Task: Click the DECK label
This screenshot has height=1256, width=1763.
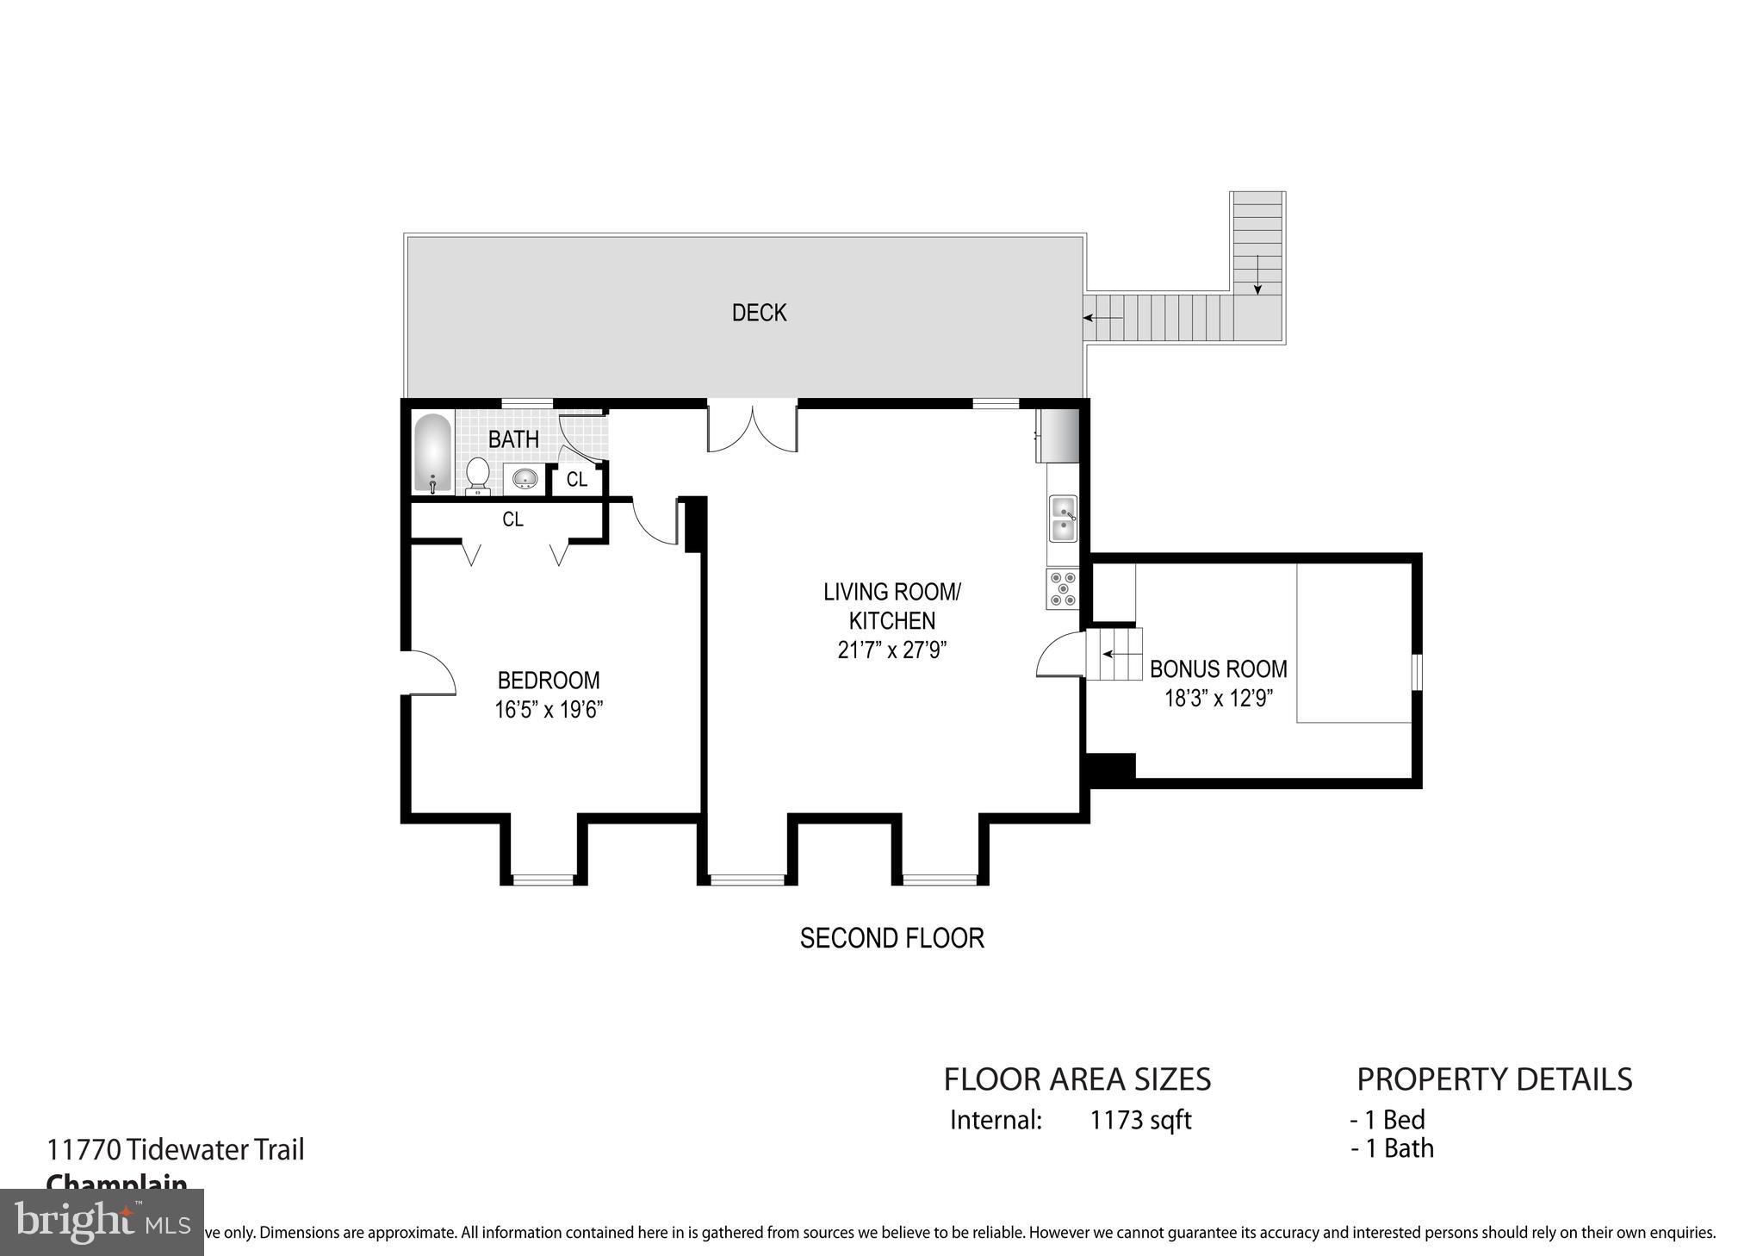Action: [759, 313]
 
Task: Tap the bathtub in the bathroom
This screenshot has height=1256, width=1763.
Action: [432, 455]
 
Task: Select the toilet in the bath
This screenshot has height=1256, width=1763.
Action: [478, 476]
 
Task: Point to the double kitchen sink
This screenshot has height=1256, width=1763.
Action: [1063, 519]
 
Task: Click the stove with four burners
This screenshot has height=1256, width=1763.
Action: [1062, 588]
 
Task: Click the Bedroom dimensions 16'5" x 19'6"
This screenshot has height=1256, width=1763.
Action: [549, 710]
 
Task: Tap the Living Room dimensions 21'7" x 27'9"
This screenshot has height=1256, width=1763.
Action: [892, 650]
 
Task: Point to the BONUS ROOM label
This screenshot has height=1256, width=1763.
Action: [1218, 668]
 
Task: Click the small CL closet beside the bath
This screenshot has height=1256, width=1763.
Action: [577, 479]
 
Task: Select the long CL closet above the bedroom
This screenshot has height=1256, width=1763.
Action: [512, 519]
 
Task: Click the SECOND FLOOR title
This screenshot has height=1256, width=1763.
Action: [891, 938]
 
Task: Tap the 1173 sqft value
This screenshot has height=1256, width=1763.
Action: [1140, 1120]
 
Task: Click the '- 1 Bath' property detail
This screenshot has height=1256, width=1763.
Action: [1392, 1148]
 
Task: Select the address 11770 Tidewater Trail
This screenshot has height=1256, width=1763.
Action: [176, 1150]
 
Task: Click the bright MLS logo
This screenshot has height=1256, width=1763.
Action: [102, 1222]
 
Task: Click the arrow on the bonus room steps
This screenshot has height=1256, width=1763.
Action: [1117, 654]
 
